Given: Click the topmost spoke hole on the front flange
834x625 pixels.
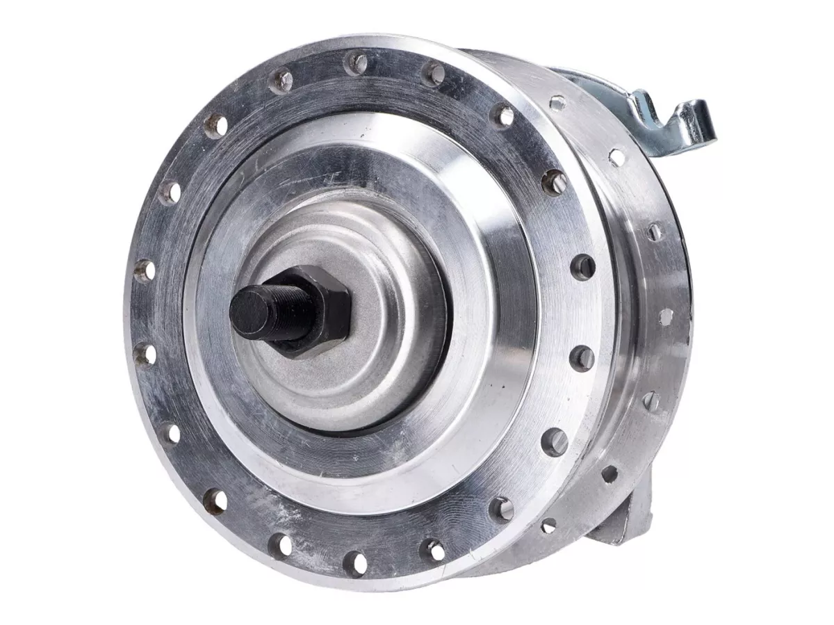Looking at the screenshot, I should click(357, 64).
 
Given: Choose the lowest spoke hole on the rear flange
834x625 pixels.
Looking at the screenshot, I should click(548, 526).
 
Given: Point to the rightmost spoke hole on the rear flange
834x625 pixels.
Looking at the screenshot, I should click(665, 316).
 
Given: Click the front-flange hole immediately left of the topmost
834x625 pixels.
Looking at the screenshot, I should click(281, 81).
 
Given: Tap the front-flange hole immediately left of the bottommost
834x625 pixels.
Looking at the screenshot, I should click(280, 544).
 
